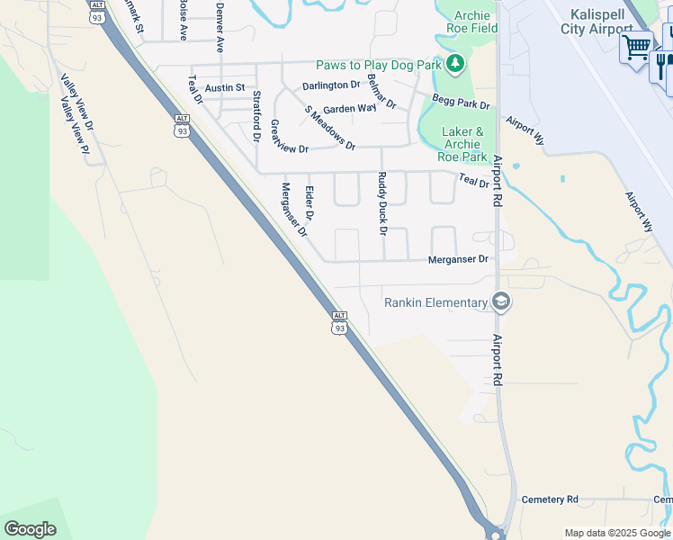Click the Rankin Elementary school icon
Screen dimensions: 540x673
tap(502, 302)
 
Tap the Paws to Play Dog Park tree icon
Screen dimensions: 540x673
tap(456, 64)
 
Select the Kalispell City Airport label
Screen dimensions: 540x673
tap(602, 22)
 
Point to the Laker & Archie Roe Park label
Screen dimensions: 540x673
tap(463, 144)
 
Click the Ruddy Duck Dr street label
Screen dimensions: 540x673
tap(382, 203)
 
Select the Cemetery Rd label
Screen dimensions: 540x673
tap(550, 499)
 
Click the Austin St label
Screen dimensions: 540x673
tap(225, 87)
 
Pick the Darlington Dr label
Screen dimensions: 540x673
tap(331, 85)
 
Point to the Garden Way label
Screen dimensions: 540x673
tap(349, 108)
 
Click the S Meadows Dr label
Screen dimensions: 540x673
tap(329, 128)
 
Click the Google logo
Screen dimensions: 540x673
tap(30, 528)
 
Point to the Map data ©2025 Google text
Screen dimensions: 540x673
tap(616, 533)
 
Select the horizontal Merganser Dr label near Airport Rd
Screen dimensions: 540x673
tap(458, 259)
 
